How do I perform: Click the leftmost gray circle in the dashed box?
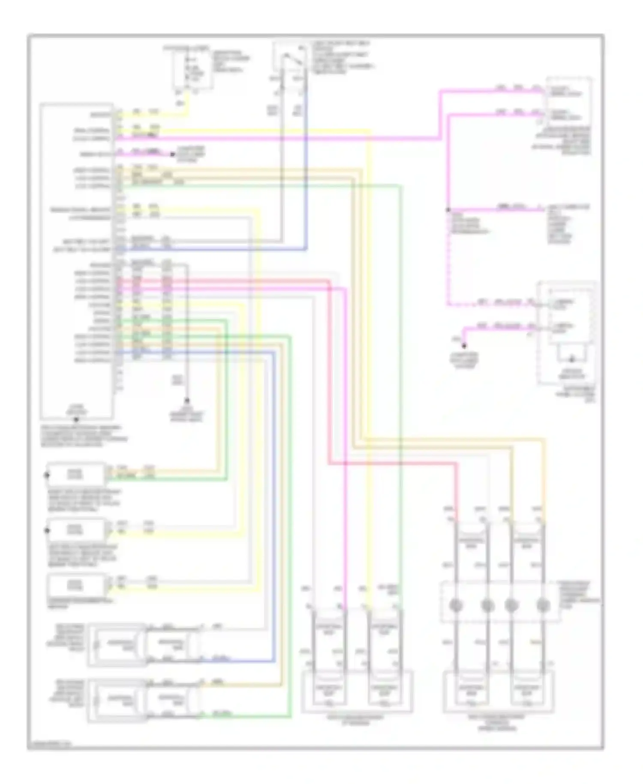456,606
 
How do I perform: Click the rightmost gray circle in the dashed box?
543,606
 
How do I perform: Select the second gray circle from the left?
487,606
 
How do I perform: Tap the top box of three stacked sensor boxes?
75,474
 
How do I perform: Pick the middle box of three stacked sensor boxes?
75,530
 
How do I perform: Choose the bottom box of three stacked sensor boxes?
75,585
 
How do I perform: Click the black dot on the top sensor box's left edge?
47,475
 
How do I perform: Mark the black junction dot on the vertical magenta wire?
448,210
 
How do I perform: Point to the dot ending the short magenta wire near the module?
173,154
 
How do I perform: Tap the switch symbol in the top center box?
291,60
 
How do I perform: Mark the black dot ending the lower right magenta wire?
464,345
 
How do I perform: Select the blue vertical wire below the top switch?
306,172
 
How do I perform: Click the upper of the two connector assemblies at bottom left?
144,645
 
